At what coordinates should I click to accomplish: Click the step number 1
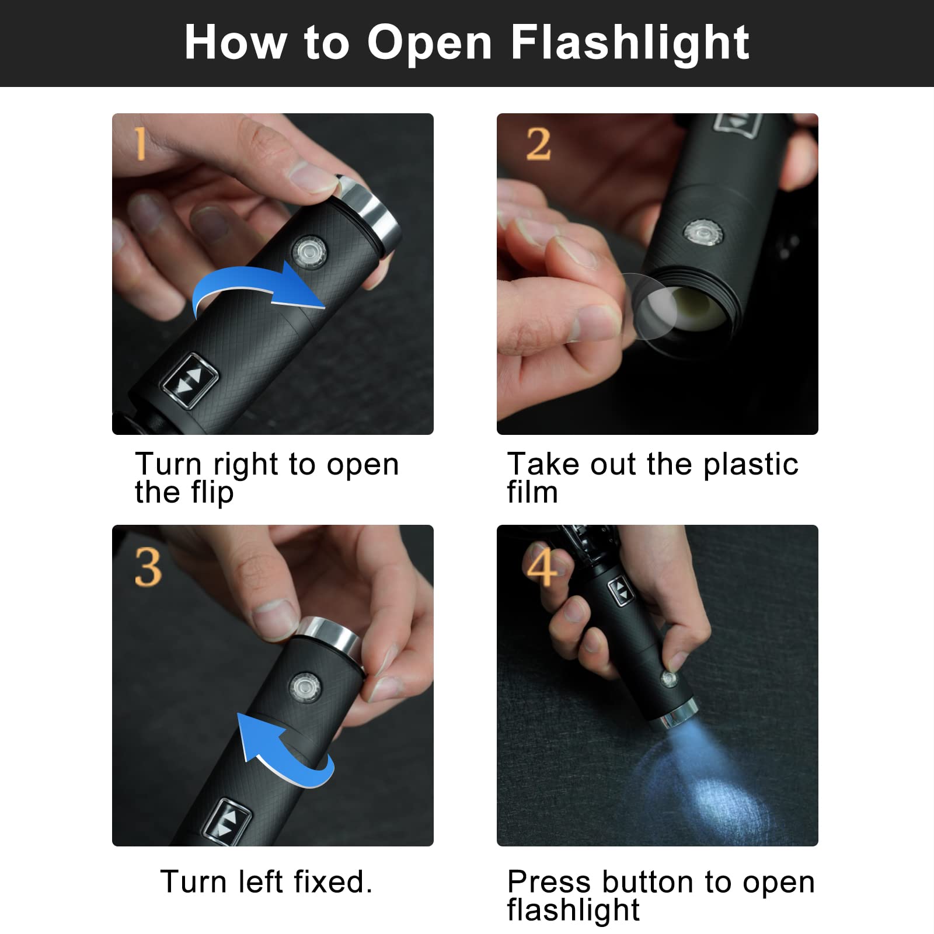pyautogui.click(x=140, y=144)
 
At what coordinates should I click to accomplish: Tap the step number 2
pyautogui.click(x=538, y=144)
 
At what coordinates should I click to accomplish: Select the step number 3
pyautogui.click(x=148, y=567)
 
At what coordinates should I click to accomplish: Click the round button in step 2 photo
pyautogui.click(x=703, y=233)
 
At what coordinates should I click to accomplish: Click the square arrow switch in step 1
pyautogui.click(x=190, y=379)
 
